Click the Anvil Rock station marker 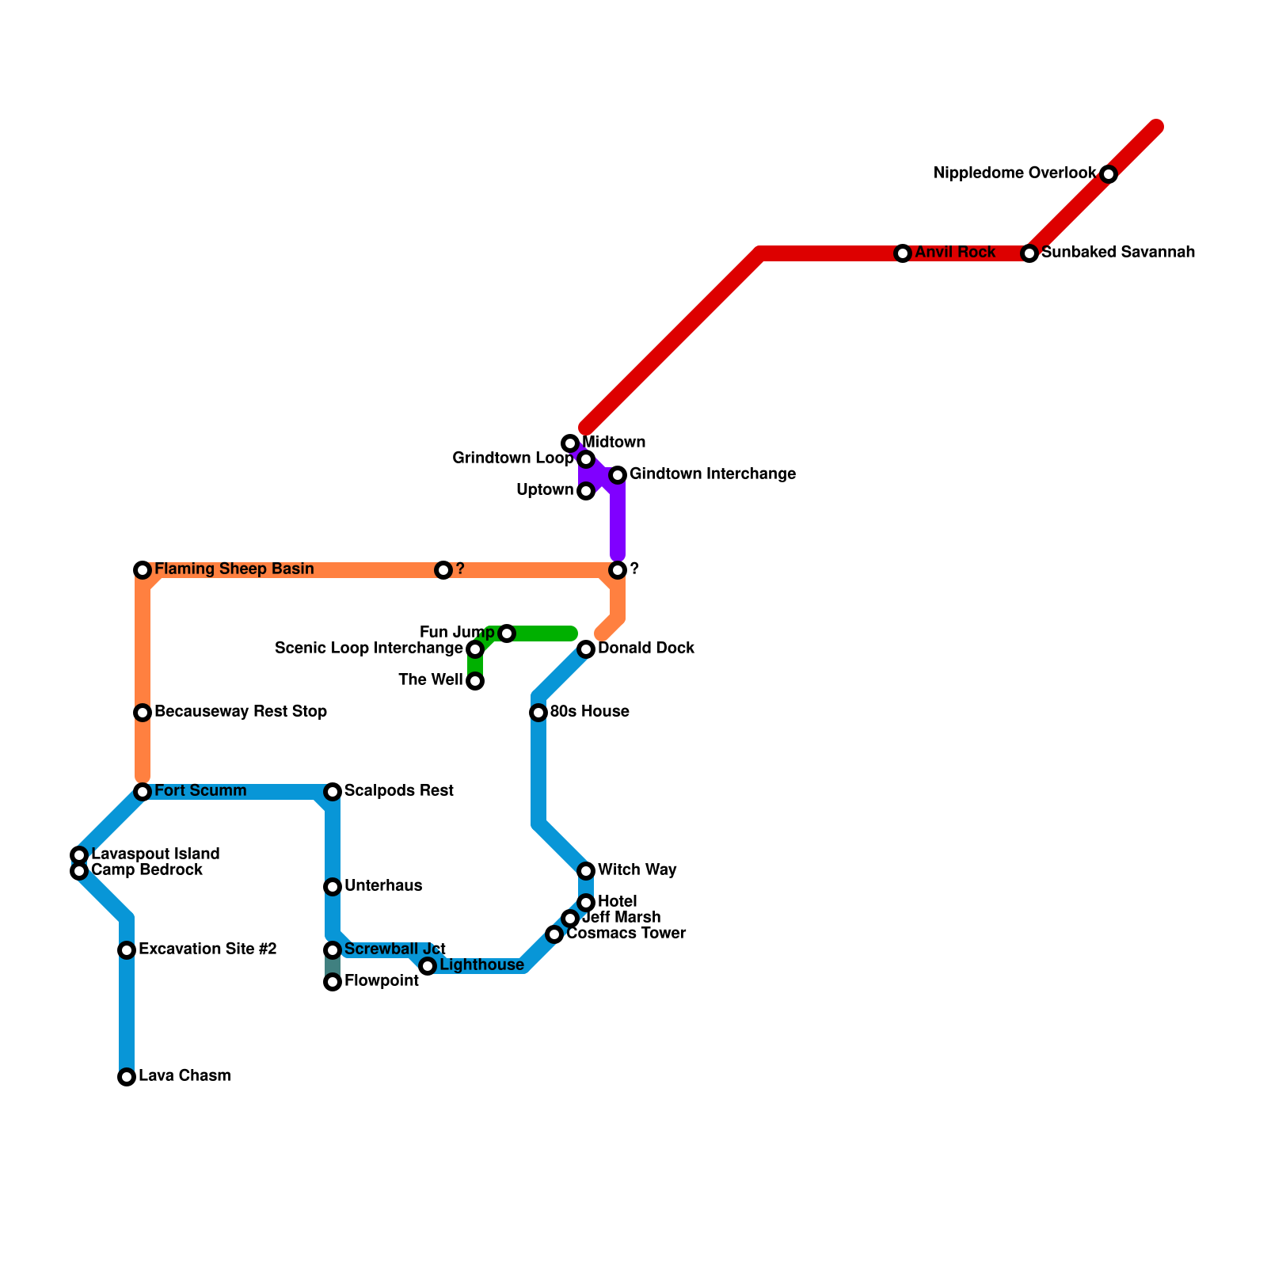coord(903,253)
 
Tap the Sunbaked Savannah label coord(1117,253)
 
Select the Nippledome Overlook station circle coord(1109,174)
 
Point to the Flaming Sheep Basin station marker coord(143,570)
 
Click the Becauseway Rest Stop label coord(240,712)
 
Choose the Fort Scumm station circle coord(143,792)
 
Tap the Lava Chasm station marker coord(127,1077)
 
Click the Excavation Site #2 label coord(207,949)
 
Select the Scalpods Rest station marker coord(333,792)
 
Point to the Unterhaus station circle coord(333,887)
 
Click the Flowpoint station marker coord(333,982)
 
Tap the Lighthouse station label coord(481,965)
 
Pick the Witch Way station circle coord(586,871)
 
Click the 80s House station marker coord(538,713)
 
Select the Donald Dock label coord(645,649)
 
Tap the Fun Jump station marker coord(507,633)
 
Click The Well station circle coord(475,681)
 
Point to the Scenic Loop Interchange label coord(368,649)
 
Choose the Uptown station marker coord(586,491)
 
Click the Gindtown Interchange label coord(712,474)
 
